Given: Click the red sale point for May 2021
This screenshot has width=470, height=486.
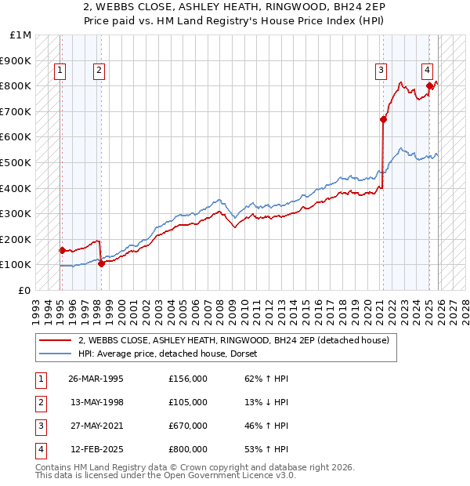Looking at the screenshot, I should click(383, 119).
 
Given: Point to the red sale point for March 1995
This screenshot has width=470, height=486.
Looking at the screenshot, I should click(62, 250).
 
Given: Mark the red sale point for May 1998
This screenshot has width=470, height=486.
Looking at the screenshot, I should click(101, 263).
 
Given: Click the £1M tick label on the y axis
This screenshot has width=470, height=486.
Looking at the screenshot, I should click(20, 35).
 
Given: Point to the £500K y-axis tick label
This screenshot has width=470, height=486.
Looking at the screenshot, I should click(16, 163).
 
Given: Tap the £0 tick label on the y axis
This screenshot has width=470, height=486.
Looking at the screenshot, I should click(24, 290).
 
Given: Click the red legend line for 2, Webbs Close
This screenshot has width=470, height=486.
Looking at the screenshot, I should click(56, 340).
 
